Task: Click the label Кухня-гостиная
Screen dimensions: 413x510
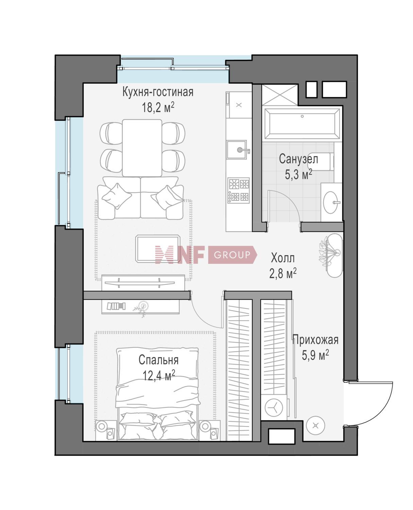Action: click(158, 92)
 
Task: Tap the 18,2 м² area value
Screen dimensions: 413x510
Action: click(158, 107)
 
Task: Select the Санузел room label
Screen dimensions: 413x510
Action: click(298, 159)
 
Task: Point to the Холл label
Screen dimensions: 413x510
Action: click(283, 258)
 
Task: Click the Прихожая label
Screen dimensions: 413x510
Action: click(315, 340)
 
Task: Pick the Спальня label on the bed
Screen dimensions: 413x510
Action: click(158, 360)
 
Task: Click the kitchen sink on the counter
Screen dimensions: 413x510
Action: click(237, 150)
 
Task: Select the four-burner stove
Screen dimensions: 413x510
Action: click(239, 190)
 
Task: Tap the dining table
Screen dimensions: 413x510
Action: click(142, 148)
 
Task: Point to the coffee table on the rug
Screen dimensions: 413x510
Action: click(158, 249)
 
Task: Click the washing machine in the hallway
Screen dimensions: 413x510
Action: click(274, 407)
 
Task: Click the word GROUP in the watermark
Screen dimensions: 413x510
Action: click(232, 255)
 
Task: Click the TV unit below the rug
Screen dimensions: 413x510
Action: click(143, 283)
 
